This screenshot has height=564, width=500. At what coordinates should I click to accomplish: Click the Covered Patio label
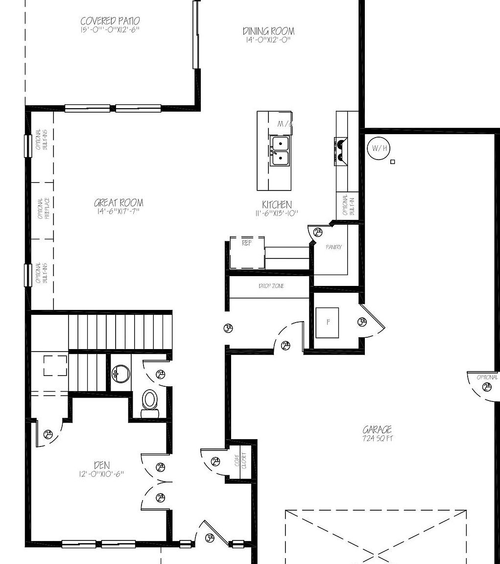pyautogui.click(x=110, y=21)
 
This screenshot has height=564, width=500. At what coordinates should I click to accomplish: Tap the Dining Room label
pyautogui.click(x=268, y=31)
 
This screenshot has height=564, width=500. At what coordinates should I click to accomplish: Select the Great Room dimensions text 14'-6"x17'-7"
pyautogui.click(x=119, y=211)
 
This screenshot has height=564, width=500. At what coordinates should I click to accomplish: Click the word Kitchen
pyautogui.click(x=277, y=205)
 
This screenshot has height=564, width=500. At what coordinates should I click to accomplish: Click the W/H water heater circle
pyautogui.click(x=379, y=148)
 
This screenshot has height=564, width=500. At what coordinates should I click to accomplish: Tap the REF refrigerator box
pyautogui.click(x=247, y=252)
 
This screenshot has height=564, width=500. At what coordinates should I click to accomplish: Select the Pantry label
pyautogui.click(x=333, y=247)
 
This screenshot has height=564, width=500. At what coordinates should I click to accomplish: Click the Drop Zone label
pyautogui.click(x=271, y=286)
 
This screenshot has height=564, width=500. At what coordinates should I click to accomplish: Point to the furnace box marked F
pyautogui.click(x=327, y=323)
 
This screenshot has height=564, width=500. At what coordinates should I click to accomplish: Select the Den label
pyautogui.click(x=101, y=465)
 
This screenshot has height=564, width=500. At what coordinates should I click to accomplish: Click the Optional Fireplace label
pyautogui.click(x=42, y=209)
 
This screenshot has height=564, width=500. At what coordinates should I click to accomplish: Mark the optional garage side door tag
pyautogui.click(x=487, y=387)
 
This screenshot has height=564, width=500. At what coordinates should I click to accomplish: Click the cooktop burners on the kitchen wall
pyautogui.click(x=340, y=150)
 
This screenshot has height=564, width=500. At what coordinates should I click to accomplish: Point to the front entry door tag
pyautogui.click(x=210, y=538)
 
